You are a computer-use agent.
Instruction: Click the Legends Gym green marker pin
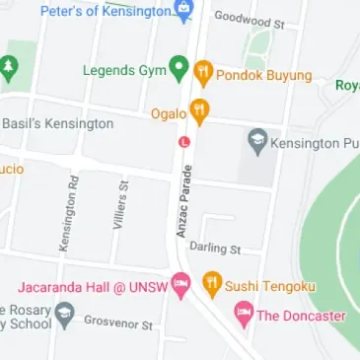(179, 69)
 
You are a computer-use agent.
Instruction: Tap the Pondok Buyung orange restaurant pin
(203, 72)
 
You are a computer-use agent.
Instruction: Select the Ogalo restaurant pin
(199, 110)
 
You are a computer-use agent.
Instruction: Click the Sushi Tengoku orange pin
(211, 284)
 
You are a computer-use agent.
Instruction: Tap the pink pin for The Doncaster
(243, 315)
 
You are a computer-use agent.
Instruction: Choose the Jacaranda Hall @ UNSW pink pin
(180, 285)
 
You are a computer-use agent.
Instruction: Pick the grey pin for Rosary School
(65, 316)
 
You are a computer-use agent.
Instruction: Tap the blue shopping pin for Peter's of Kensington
(183, 11)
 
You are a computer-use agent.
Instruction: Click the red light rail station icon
(182, 141)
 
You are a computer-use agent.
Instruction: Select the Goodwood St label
(249, 18)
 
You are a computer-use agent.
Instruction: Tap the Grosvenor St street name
(117, 324)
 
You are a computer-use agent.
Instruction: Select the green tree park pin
(10, 68)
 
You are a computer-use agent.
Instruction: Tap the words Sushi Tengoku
(270, 286)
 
